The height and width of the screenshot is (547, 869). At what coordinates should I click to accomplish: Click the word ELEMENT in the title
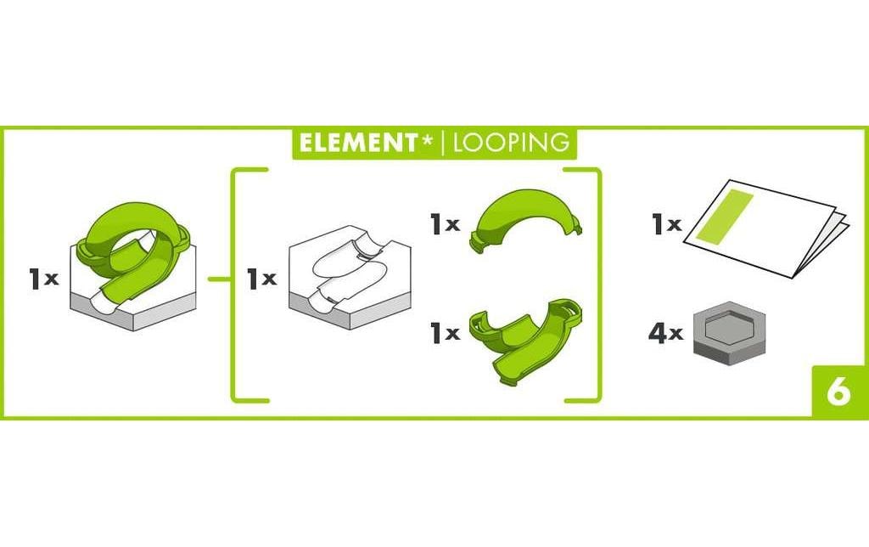pyautogui.click(x=359, y=144)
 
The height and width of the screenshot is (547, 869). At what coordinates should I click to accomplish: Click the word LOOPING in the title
pyautogui.click(x=511, y=144)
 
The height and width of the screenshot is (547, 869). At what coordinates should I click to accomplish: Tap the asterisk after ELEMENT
pyautogui.click(x=427, y=140)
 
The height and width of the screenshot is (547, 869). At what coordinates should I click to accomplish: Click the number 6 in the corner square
pyautogui.click(x=838, y=392)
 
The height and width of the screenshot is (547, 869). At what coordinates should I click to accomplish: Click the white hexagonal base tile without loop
pyautogui.click(x=349, y=278)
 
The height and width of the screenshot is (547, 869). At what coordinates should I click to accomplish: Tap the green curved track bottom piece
pyautogui.click(x=524, y=341)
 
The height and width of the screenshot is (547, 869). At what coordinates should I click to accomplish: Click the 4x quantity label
pyautogui.click(x=665, y=334)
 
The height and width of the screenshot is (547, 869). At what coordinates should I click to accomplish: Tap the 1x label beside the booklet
pyautogui.click(x=666, y=224)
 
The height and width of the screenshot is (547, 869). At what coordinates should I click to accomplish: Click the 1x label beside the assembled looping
pyautogui.click(x=43, y=279)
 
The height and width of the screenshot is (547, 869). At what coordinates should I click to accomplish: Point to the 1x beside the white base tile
pyautogui.click(x=261, y=279)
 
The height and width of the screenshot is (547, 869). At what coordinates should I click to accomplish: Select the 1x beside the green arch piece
pyautogui.click(x=446, y=224)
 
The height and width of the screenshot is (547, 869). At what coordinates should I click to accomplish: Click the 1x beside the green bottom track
pyautogui.click(x=446, y=333)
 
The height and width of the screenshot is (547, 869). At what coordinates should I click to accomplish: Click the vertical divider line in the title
pyautogui.click(x=442, y=144)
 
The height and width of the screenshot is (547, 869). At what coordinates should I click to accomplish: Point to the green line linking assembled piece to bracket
pyautogui.click(x=220, y=279)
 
